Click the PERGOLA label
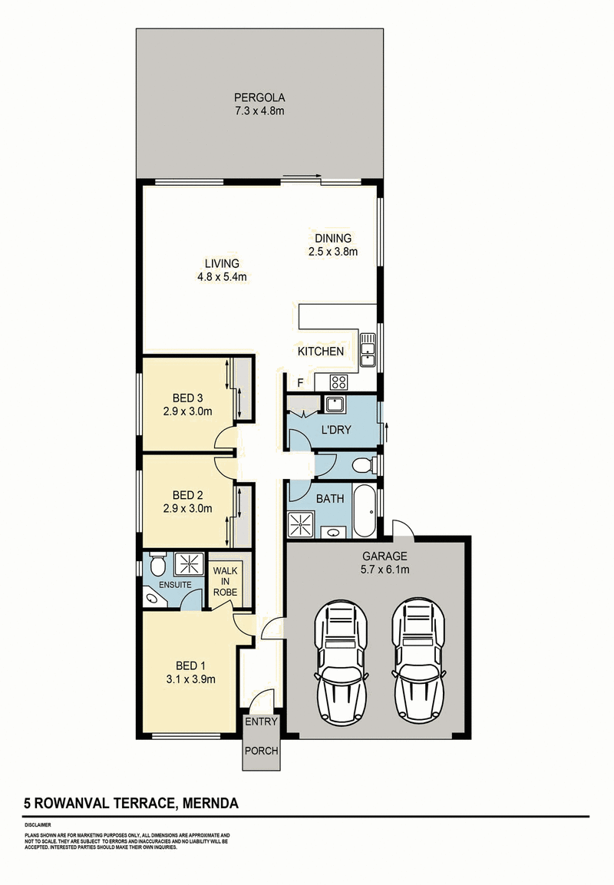tap(259, 97)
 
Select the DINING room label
tap(333, 238)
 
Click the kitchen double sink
tap(368, 350)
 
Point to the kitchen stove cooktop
tap(339, 382)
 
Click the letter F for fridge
tap(301, 383)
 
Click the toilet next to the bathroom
tap(363, 466)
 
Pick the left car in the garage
tap(342, 662)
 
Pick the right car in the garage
tap(418, 662)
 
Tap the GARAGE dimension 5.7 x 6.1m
tap(385, 570)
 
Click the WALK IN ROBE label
tap(225, 581)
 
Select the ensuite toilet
tap(157, 563)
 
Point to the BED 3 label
tap(187, 398)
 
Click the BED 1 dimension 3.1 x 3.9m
tap(191, 679)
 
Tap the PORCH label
tap(261, 751)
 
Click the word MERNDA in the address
tap(210, 803)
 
